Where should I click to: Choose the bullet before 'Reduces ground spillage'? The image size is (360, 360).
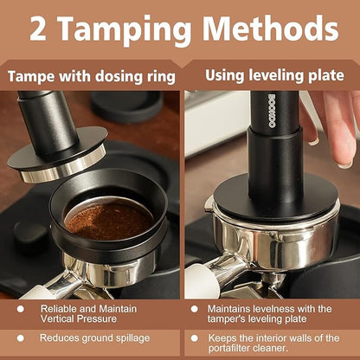tap(21, 337)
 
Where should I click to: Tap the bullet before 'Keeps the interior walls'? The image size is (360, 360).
tap(194, 337)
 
